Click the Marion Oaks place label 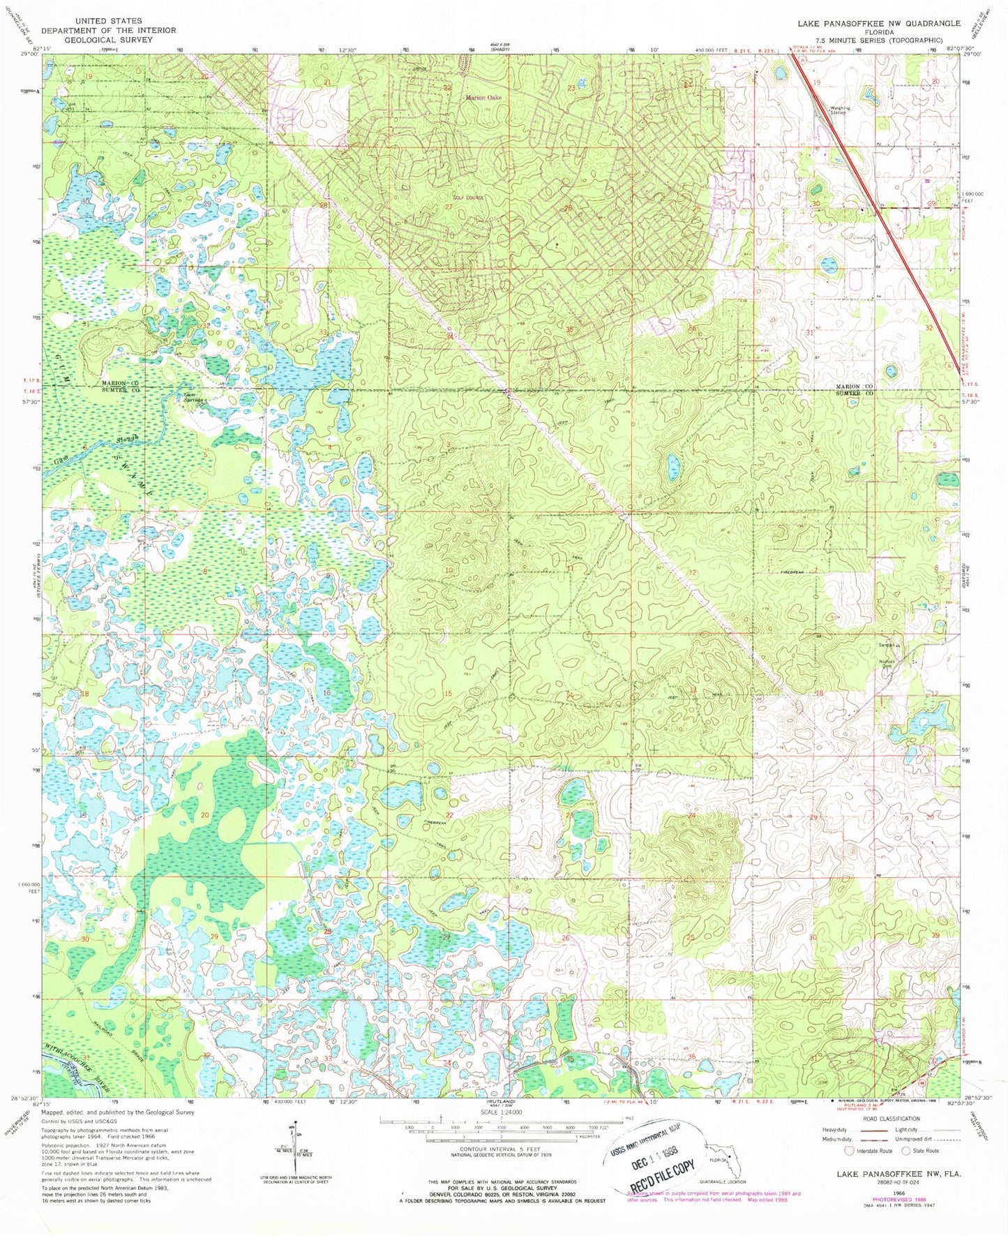[484, 98]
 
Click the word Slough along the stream [130, 440]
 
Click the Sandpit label [887, 645]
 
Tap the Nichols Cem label [887, 664]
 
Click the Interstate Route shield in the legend [849, 1150]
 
